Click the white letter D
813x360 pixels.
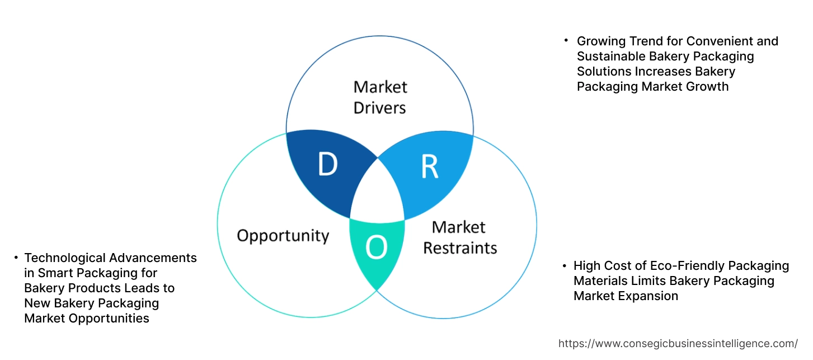pos(327,165)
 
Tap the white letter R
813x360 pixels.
pos(430,166)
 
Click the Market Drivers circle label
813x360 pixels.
pos(380,97)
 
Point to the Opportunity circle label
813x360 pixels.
pos(283,235)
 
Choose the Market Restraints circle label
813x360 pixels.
pos(459,237)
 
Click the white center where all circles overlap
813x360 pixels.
pos(377,193)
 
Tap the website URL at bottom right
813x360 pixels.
pos(678,343)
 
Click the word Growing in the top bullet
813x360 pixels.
pos(600,41)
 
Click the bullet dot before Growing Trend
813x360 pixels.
pos(566,41)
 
